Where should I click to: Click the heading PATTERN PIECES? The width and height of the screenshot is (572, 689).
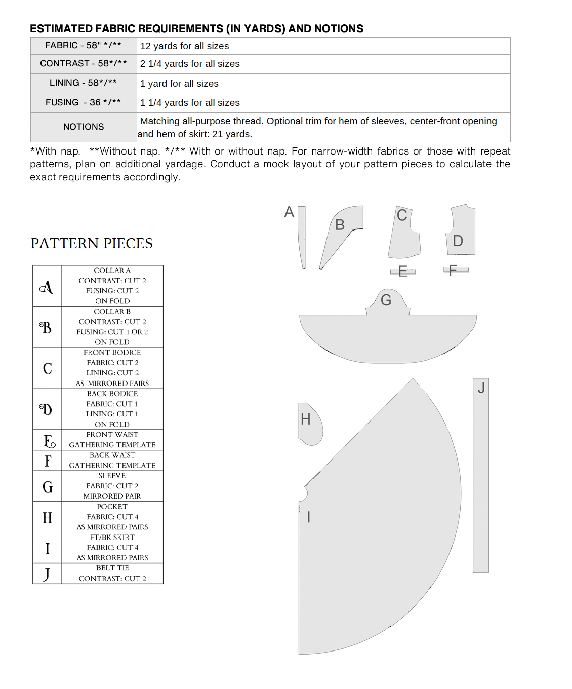(x=92, y=244)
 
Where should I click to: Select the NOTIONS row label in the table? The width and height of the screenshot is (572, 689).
(x=84, y=127)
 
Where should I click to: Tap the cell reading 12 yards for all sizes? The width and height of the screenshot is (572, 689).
(x=184, y=46)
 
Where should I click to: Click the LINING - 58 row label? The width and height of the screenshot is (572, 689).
(x=83, y=83)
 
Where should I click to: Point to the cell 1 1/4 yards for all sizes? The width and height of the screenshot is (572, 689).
(x=190, y=103)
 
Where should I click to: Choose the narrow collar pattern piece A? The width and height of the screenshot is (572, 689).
(x=302, y=236)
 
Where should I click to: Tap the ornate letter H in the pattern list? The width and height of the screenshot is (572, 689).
(x=47, y=518)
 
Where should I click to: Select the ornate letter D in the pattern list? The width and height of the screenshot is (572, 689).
(x=46, y=409)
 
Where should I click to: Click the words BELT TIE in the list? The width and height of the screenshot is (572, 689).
(x=112, y=568)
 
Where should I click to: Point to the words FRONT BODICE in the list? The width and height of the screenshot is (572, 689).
(x=112, y=353)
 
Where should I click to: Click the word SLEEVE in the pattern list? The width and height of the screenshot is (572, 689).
(x=112, y=476)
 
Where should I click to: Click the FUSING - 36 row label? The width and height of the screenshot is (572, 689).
(x=83, y=102)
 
